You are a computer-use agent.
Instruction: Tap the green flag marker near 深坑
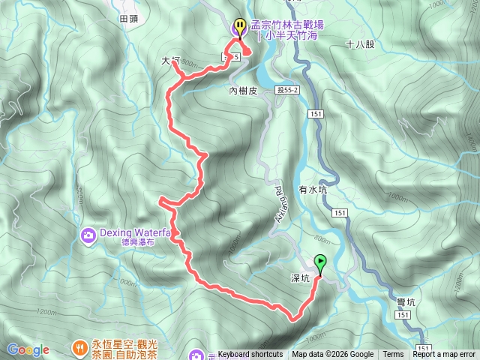pos(321,264)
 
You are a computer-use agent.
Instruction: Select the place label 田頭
pos(129,17)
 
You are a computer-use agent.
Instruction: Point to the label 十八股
pos(360,44)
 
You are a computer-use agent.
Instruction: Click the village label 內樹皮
pos(243,91)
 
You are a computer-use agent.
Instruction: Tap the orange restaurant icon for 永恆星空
pos(79,346)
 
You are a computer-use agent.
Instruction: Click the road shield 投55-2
pos(286,88)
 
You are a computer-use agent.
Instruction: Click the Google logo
pos(28,349)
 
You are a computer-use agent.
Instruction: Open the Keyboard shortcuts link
pos(250,355)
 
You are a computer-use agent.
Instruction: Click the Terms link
pos(393,355)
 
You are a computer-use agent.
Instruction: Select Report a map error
pos(445,355)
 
